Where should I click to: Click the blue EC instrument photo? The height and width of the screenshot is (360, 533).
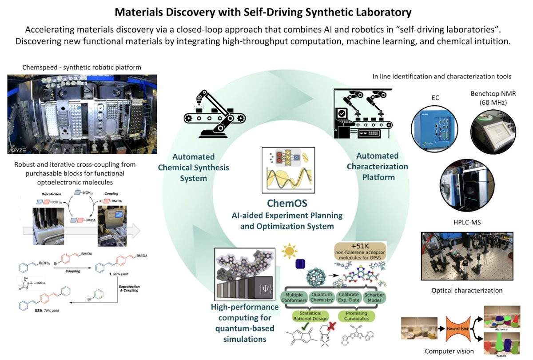435,127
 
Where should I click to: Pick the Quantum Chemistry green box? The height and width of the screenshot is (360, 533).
322,296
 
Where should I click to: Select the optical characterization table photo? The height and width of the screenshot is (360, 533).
466,257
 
